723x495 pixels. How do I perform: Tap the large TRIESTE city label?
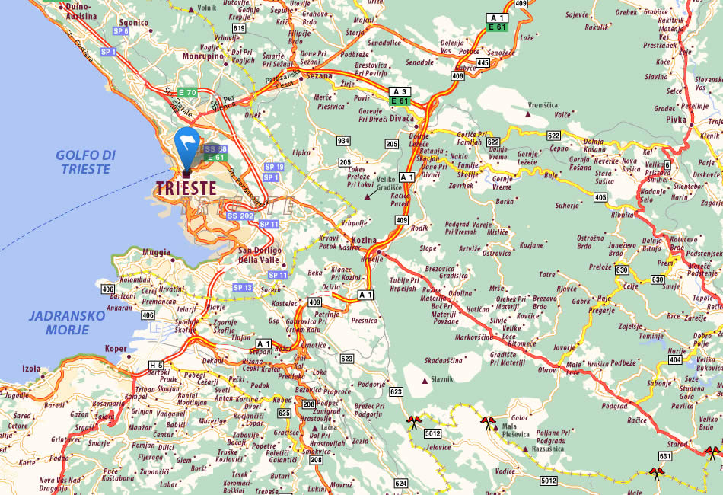[186, 187]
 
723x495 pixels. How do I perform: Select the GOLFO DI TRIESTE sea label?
[84, 162]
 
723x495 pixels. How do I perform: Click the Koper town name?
[116, 349]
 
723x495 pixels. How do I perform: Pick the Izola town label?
[31, 369]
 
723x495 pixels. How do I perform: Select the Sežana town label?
[320, 76]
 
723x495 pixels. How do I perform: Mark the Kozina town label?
[364, 240]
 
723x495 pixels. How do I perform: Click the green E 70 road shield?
[187, 93]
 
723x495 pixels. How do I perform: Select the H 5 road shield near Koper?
[156, 364]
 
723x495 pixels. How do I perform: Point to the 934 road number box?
[344, 141]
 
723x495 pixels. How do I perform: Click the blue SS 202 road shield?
[240, 216]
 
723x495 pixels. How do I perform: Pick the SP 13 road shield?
[242, 287]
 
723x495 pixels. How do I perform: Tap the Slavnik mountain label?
[441, 379]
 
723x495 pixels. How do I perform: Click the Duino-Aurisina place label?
[78, 10]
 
